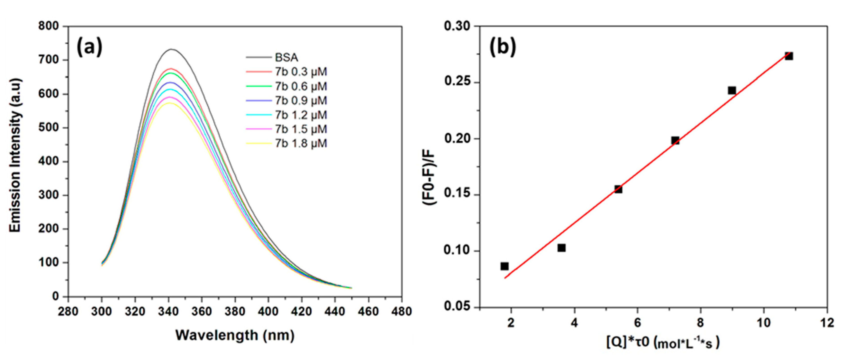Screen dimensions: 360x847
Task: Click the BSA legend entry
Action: pos(286,58)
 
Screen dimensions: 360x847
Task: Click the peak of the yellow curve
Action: pos(169,103)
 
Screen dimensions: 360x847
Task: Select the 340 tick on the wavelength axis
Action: pos(169,311)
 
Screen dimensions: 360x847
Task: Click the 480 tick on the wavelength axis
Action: pos(401,311)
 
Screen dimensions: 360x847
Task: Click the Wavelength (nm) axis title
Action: pos(235,335)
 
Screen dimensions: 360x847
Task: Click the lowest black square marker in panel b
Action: pos(504,266)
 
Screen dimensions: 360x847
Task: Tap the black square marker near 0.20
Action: pos(675,141)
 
